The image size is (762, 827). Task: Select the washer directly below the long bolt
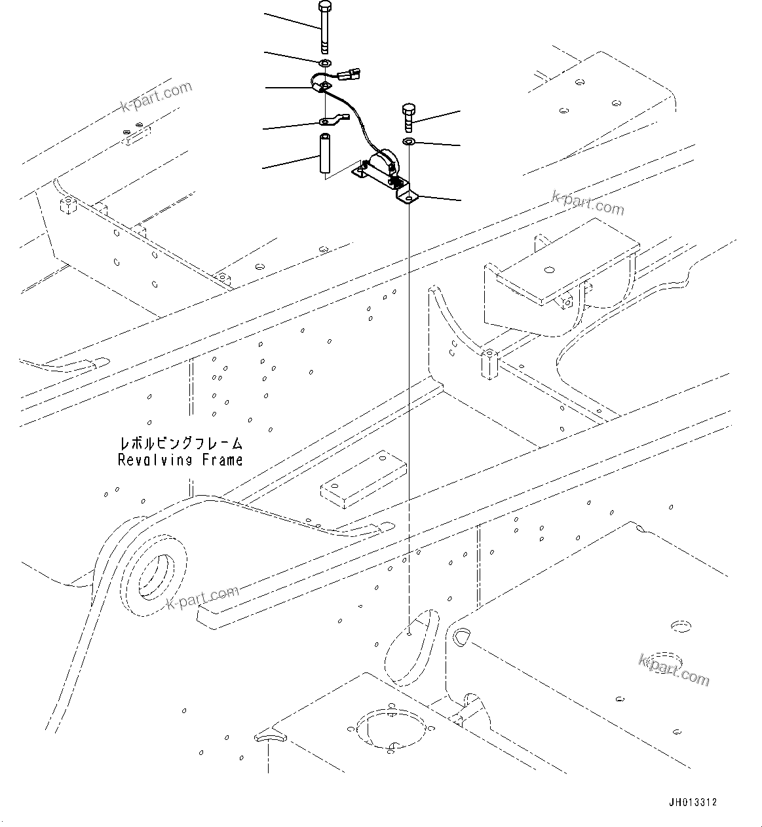(325, 63)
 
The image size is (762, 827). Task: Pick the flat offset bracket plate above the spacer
(332, 120)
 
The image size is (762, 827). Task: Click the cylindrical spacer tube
(324, 155)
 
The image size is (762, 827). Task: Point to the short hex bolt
(409, 117)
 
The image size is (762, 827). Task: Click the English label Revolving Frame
(180, 460)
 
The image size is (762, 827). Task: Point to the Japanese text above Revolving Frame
(180, 444)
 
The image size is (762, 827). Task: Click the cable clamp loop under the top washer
(320, 84)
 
